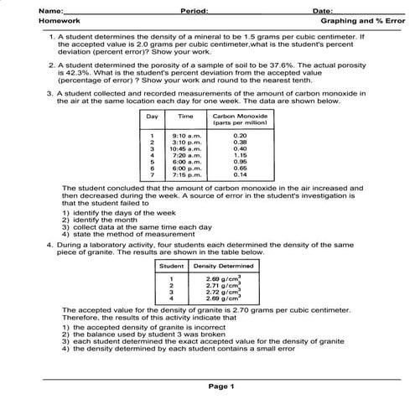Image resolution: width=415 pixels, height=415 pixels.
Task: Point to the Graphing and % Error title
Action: (359, 21)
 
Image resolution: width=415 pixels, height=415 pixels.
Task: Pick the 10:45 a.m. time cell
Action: (184, 148)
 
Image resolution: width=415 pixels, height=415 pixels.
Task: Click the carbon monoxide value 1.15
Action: (240, 155)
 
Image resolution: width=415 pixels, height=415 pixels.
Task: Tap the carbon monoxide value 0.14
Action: (240, 174)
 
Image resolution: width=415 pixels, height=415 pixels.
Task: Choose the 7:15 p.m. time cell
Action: (185, 174)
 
